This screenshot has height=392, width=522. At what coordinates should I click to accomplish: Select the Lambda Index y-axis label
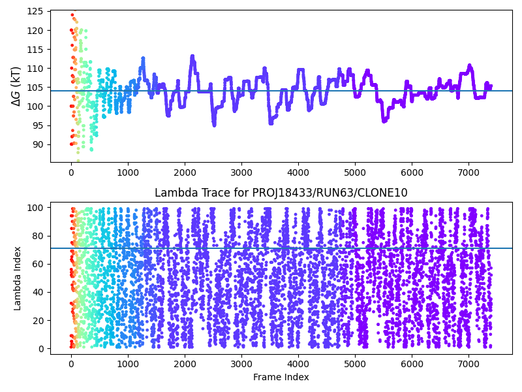point(18,278)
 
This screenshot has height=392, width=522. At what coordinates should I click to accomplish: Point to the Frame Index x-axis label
point(281,377)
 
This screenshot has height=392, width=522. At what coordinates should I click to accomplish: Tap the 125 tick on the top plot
point(37,11)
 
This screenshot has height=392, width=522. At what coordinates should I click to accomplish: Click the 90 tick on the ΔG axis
point(39,144)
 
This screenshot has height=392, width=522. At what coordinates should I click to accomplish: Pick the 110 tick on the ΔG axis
point(37,69)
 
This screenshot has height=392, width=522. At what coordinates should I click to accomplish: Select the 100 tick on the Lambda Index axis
point(37,207)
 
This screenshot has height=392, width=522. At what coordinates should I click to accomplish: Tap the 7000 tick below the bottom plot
point(468,364)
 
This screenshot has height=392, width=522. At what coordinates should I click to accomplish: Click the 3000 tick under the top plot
point(241,172)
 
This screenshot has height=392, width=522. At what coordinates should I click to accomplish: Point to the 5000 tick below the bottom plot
point(355,364)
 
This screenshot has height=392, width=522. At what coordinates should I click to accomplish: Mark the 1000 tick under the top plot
point(128,172)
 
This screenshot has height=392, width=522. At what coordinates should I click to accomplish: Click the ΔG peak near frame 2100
point(192,56)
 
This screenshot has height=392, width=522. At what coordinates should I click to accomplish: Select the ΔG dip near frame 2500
point(214,124)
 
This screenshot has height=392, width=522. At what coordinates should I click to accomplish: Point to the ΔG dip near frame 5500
point(384,121)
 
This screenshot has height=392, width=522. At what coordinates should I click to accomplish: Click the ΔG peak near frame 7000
point(469,65)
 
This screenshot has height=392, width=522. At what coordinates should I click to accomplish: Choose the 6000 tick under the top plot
point(412,172)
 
